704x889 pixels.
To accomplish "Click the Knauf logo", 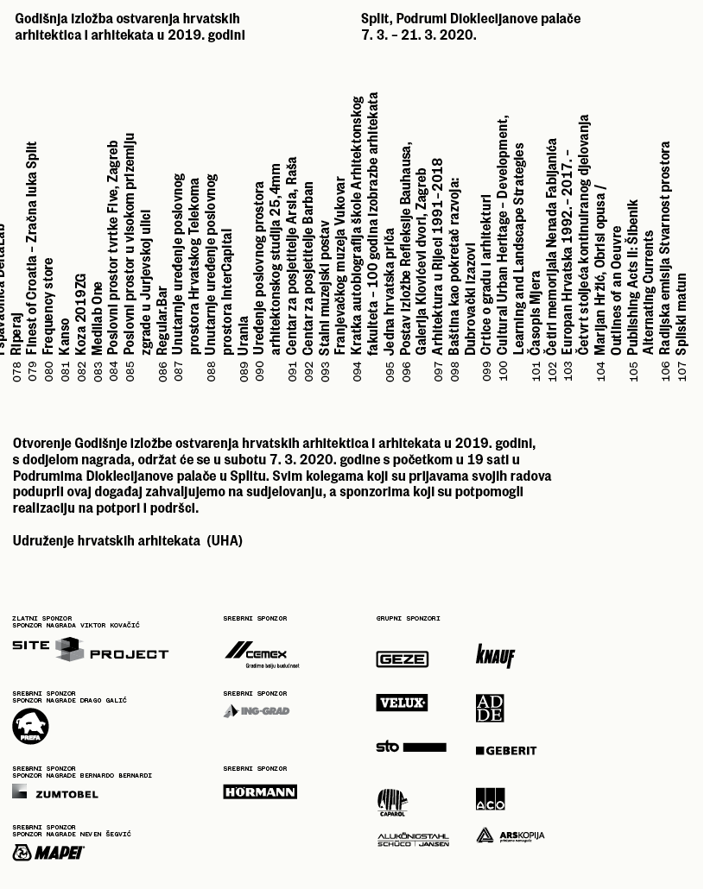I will (495, 656).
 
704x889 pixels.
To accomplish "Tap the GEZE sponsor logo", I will (402, 659).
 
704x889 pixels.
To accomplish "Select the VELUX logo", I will (402, 703).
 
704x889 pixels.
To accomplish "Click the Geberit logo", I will (506, 751).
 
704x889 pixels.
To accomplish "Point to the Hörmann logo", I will (260, 791).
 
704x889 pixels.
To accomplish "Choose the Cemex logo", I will (261, 655).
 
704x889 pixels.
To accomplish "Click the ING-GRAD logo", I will (257, 711).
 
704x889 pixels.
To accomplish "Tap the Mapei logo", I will (48, 853).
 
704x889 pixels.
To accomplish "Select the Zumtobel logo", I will (55, 792).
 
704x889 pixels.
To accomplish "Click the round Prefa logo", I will (30, 726).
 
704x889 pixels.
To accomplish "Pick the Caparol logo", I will (392, 802).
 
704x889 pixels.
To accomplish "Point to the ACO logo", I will (490, 798).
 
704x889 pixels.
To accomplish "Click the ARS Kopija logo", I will (511, 835).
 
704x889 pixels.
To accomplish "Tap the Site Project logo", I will (90, 651).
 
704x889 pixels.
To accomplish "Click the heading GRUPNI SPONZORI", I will (408, 618).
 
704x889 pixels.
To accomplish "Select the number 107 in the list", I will (682, 370).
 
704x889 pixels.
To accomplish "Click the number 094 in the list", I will (358, 370).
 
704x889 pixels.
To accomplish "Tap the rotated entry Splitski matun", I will (682, 313).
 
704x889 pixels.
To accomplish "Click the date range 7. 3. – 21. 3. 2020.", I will (418, 35).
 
